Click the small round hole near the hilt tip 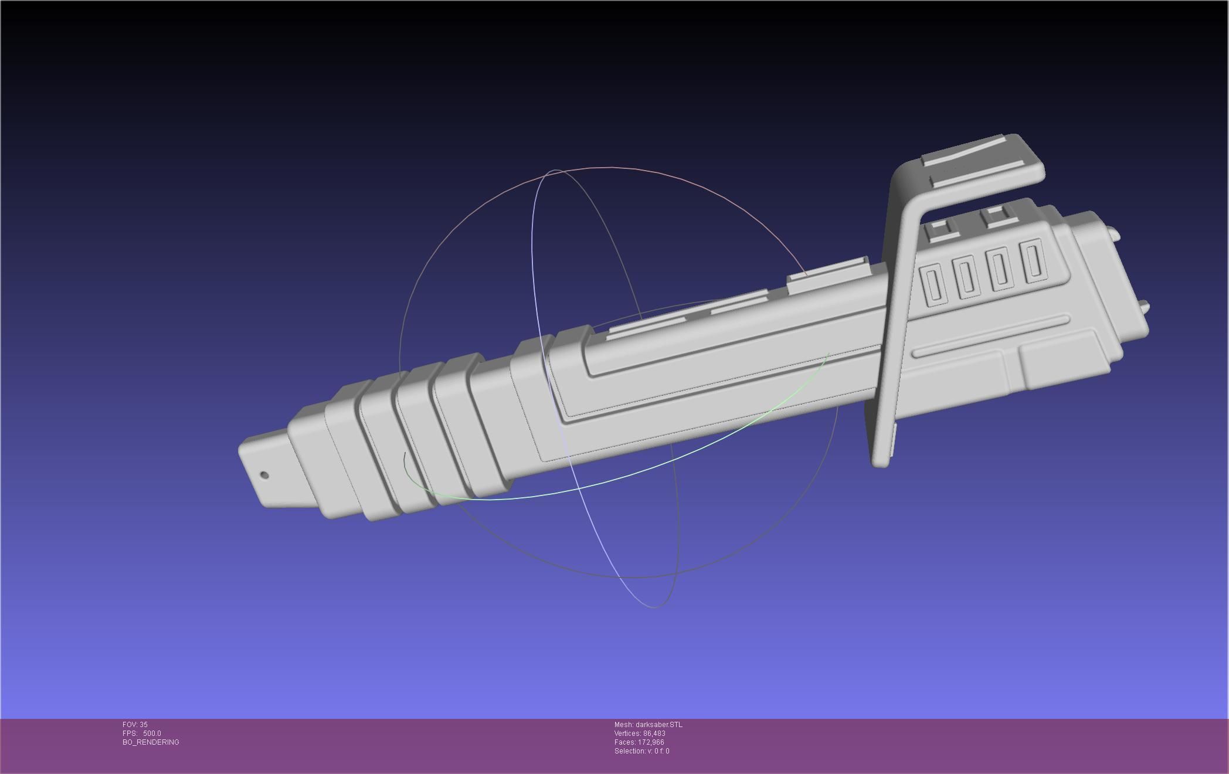264,475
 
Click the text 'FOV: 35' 135,725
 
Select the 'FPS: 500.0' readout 141,734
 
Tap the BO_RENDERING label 151,742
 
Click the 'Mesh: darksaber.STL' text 648,725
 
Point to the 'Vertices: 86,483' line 639,734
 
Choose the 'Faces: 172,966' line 639,742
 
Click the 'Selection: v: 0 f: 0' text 641,751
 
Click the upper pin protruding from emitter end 1113,234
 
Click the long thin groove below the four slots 991,335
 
